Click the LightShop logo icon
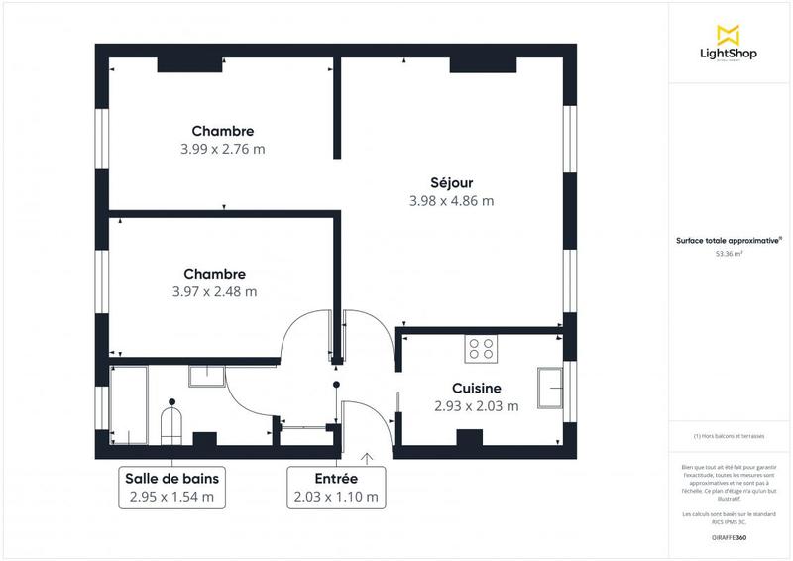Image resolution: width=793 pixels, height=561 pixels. pyautogui.click(x=729, y=34)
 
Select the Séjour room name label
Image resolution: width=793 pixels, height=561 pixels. pyautogui.click(x=451, y=182)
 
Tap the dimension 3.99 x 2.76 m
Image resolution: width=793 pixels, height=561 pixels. pyautogui.click(x=223, y=149)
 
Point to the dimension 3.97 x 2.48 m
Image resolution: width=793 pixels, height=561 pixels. pyautogui.click(x=214, y=291)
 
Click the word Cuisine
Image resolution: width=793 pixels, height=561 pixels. pyautogui.click(x=476, y=389)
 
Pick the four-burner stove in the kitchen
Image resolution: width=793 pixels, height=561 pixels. pyautogui.click(x=483, y=348)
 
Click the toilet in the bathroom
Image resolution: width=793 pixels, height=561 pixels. pyautogui.click(x=173, y=424)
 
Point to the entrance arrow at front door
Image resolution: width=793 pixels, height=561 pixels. pyautogui.click(x=368, y=457)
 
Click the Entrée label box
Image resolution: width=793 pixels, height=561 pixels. pyautogui.click(x=334, y=487)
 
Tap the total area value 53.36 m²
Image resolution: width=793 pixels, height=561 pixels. pyautogui.click(x=730, y=254)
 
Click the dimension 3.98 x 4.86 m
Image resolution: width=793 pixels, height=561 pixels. pyautogui.click(x=451, y=200)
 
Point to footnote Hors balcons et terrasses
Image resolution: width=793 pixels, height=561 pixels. pyautogui.click(x=730, y=436)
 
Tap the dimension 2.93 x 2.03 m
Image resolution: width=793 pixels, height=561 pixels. pyautogui.click(x=476, y=406)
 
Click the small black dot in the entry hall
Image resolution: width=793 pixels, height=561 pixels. pyautogui.click(x=337, y=383)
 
